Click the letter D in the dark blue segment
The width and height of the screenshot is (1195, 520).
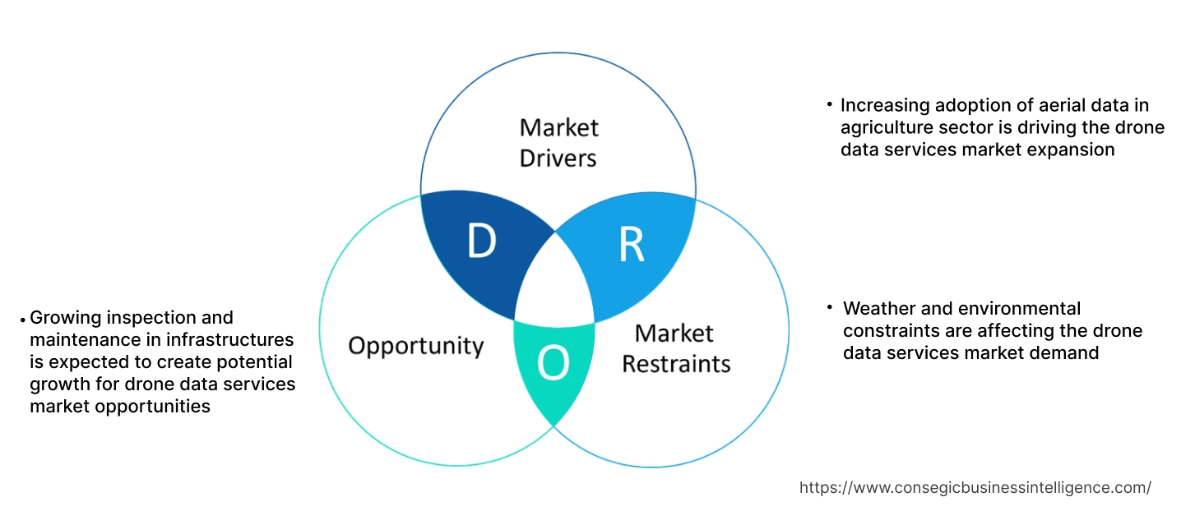pos(481,241)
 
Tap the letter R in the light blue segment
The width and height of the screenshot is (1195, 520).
pos(631,244)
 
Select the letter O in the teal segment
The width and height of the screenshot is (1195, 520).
pos(553,364)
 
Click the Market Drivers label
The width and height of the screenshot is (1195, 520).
pos(559,142)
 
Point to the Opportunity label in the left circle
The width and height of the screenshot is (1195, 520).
pos(416,345)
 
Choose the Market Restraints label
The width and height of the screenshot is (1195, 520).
pos(675,347)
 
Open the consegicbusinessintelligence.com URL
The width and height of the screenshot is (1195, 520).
pos(975,487)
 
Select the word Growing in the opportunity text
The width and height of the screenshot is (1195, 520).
pos(64,317)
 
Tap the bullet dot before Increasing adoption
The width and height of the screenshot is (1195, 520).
pos(829,105)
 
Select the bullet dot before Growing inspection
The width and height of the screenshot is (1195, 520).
pos(22,319)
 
